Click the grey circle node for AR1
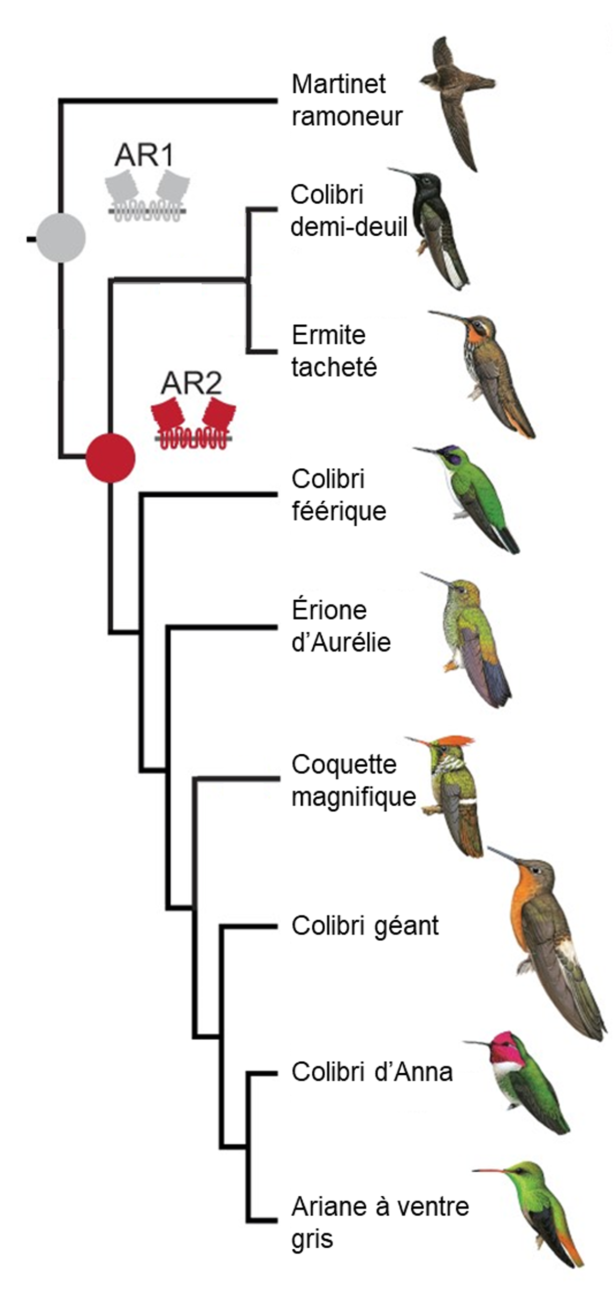[61, 238]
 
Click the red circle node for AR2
[111, 458]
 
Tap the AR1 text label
[144, 155]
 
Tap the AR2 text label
[191, 383]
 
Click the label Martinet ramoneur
[346, 100]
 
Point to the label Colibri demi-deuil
[348, 211]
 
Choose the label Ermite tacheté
[334, 350]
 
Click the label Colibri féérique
[338, 495]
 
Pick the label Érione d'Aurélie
[341, 626]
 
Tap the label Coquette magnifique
[353, 780]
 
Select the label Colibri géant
[365, 926]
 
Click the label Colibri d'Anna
[371, 1072]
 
